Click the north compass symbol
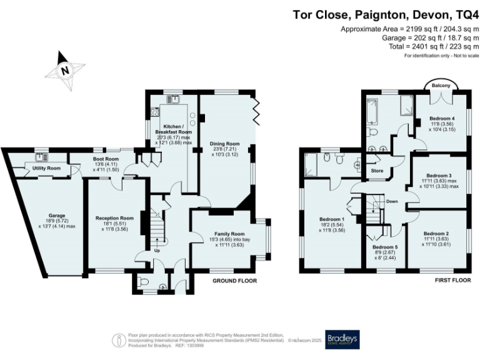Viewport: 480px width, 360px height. pyautogui.click(x=64, y=70)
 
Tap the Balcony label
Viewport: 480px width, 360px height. pyautogui.click(x=441, y=86)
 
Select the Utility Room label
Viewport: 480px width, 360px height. pyautogui.click(x=46, y=169)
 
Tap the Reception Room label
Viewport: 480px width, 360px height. pyautogui.click(x=114, y=218)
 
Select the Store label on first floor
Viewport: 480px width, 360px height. pyautogui.click(x=377, y=170)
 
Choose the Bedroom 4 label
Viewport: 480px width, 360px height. pyautogui.click(x=441, y=119)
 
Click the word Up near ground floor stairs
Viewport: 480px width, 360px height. pyautogui.click(x=158, y=251)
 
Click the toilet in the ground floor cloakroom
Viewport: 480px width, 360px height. pyautogui.click(x=144, y=284)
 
